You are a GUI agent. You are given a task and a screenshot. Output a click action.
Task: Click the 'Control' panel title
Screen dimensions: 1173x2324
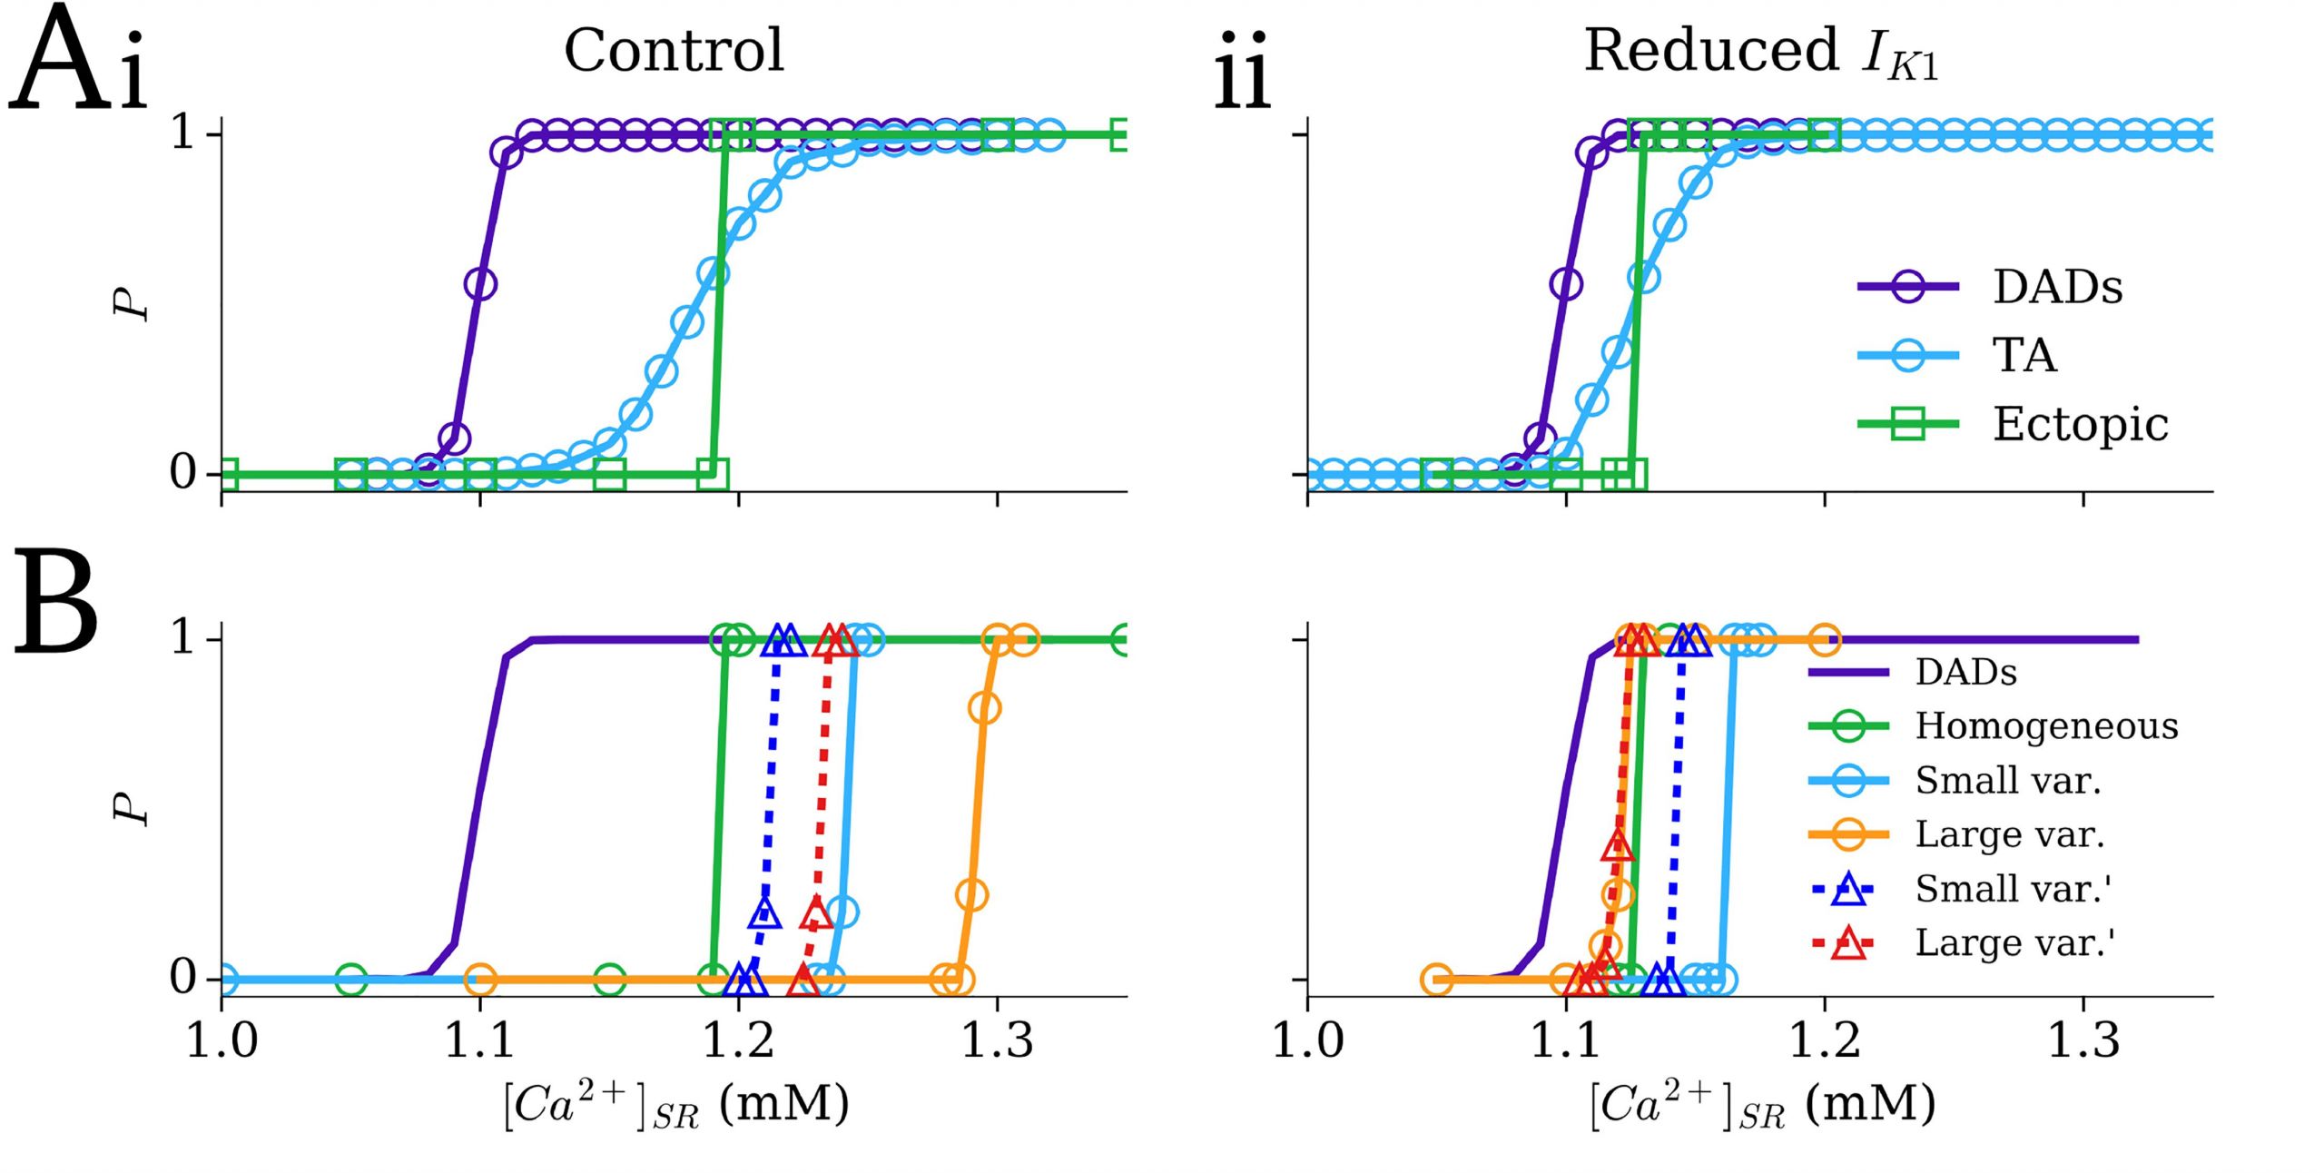tap(674, 51)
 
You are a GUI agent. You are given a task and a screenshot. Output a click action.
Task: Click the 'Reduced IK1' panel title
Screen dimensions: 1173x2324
tap(1761, 53)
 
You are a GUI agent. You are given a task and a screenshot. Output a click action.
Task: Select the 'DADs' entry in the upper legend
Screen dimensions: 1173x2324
tap(2057, 287)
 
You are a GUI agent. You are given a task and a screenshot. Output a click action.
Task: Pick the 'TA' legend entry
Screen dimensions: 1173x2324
tap(2024, 355)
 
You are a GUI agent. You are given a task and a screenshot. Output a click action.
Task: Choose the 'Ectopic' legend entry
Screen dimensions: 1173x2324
tap(2080, 424)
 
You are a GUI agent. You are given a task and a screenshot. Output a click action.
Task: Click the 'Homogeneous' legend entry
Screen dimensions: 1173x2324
tap(2046, 726)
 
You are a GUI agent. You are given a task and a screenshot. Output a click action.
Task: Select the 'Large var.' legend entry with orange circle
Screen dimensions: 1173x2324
tap(2009, 834)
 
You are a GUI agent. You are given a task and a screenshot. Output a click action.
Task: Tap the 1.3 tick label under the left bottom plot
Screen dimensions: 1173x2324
tap(997, 1040)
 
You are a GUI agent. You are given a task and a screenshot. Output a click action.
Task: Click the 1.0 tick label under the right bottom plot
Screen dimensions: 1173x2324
tap(1307, 1040)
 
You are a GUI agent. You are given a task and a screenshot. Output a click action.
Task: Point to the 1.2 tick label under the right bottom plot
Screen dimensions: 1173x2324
tap(1825, 1040)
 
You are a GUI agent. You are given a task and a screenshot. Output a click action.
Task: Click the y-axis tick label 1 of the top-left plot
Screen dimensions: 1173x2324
tap(183, 134)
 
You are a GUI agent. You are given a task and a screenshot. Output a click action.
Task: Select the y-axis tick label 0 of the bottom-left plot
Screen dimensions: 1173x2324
tap(183, 979)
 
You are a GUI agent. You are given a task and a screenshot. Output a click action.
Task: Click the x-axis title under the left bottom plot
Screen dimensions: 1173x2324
tap(676, 1106)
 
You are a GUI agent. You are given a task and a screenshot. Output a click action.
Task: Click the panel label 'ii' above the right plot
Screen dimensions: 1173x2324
tap(1242, 71)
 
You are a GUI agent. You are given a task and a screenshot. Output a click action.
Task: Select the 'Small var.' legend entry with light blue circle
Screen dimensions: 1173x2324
tap(2008, 780)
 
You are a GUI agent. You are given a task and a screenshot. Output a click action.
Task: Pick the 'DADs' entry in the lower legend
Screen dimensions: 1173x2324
tap(1965, 673)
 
